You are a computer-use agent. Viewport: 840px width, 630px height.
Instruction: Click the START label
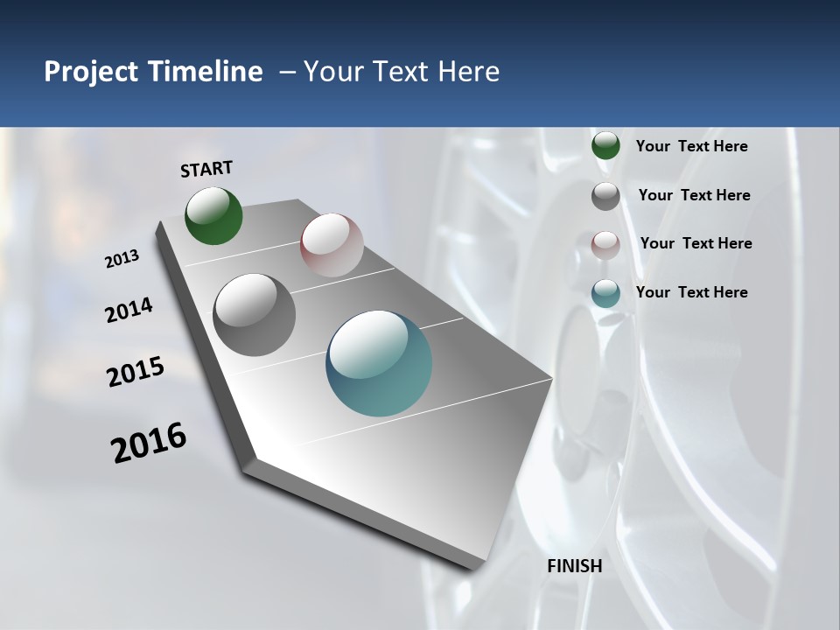[206, 169]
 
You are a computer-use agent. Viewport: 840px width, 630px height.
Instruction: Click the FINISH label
[575, 566]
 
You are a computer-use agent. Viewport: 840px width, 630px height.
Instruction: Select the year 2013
[122, 259]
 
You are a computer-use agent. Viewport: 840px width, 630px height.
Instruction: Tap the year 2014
[129, 311]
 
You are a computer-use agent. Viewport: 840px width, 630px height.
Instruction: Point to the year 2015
[136, 372]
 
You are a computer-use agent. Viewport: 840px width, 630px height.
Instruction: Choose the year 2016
[149, 443]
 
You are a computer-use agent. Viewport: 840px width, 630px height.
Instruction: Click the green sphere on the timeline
[214, 216]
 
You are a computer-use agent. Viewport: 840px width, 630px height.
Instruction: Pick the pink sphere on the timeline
[332, 245]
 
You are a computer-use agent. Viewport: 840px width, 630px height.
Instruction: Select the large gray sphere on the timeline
[255, 315]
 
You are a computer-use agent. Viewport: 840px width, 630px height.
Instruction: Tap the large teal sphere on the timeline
[379, 363]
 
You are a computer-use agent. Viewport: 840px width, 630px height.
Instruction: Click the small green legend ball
[605, 146]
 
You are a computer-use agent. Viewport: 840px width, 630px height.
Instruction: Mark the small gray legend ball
[605, 196]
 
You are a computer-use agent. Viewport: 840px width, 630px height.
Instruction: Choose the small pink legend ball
[605, 245]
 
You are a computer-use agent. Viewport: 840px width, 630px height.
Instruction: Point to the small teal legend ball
[605, 293]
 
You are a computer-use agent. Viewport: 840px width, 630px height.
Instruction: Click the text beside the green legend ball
[691, 147]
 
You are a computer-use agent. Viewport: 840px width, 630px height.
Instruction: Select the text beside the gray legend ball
[694, 195]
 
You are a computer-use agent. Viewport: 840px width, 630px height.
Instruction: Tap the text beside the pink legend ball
[696, 243]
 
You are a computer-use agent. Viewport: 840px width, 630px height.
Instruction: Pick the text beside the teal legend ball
[691, 292]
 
